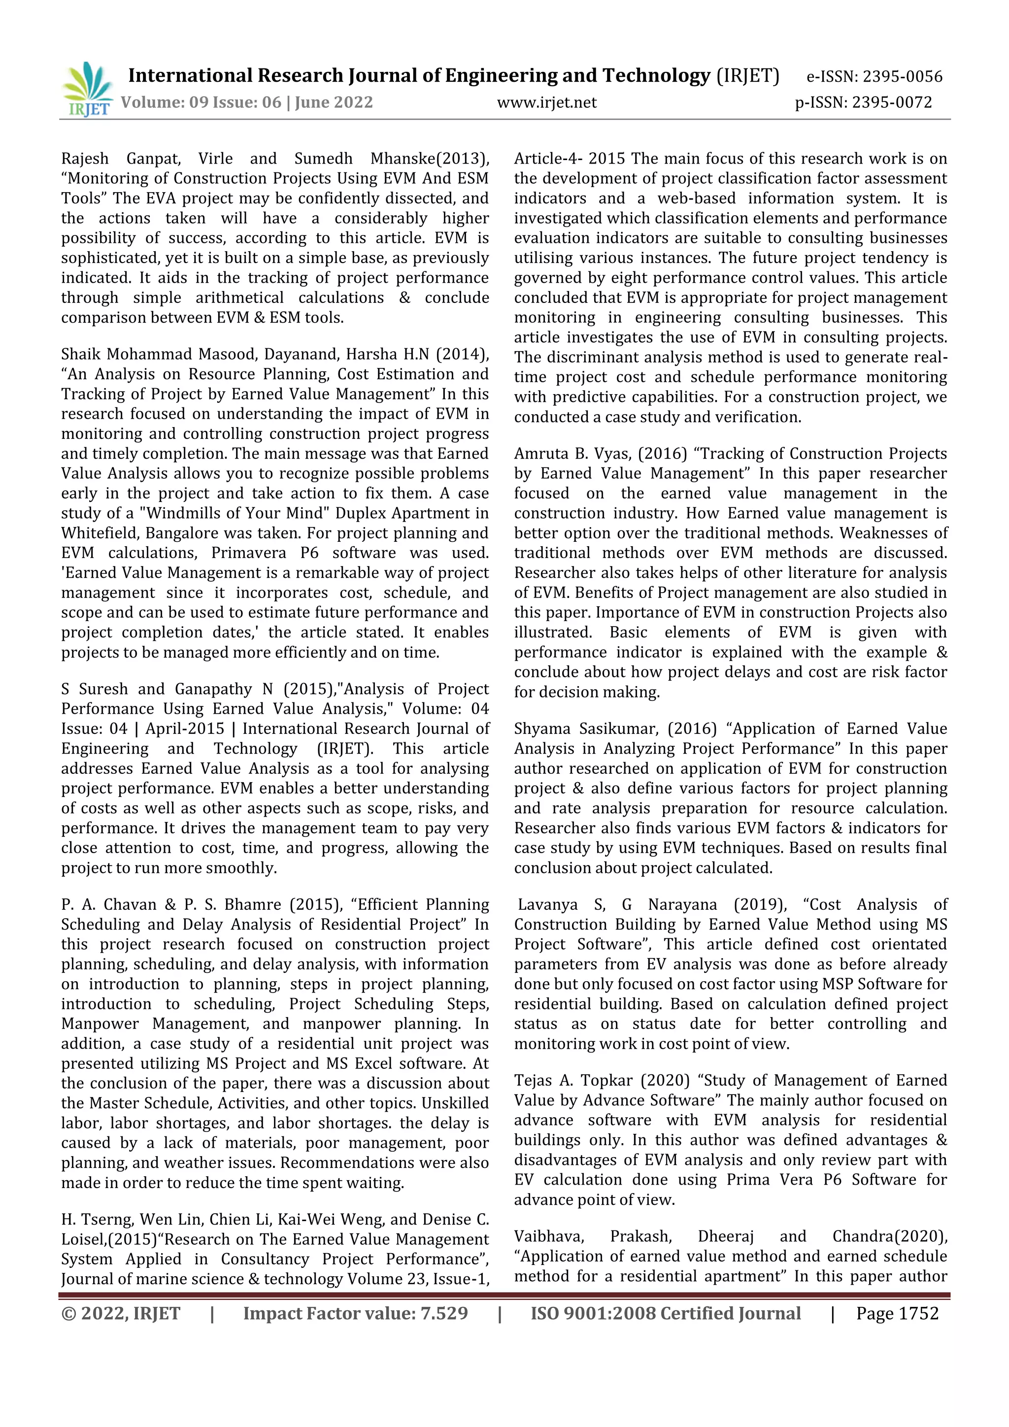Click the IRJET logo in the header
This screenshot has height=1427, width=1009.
pyautogui.click(x=87, y=89)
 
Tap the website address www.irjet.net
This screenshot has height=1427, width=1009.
pyautogui.click(x=546, y=102)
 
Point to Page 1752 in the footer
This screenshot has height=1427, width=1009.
pyautogui.click(x=897, y=1313)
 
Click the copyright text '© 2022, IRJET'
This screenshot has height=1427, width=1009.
pyautogui.click(x=121, y=1313)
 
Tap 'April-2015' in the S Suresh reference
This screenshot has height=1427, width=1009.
pyautogui.click(x=185, y=729)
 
